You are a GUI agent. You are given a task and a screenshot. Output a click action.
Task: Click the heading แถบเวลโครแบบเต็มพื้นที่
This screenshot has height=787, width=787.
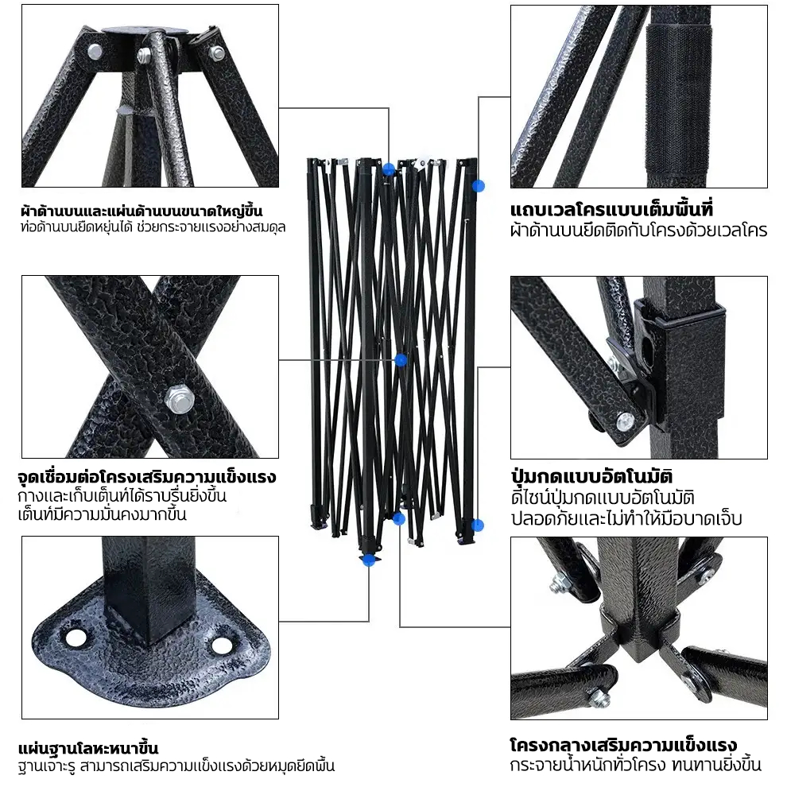point(612,209)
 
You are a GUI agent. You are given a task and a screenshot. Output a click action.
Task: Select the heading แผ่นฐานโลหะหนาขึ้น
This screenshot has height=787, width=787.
point(88,748)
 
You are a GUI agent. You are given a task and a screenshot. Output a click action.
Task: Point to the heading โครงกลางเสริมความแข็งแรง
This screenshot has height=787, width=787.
point(623,745)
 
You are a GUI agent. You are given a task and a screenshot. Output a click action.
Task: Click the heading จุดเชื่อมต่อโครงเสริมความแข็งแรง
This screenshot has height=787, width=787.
point(146,476)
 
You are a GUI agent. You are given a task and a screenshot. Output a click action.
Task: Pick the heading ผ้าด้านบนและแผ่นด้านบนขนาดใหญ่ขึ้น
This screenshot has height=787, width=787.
point(142,211)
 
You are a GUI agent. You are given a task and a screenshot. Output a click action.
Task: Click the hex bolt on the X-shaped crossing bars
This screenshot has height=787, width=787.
point(179,399)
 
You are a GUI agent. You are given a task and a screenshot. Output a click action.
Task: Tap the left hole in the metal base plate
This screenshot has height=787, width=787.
point(76,638)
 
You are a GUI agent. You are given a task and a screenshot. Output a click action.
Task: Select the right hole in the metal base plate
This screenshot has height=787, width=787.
point(221,645)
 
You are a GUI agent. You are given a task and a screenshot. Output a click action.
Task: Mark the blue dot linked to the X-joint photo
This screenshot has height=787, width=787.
point(401,360)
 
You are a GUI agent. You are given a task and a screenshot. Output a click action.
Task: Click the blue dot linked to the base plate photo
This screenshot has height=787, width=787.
point(369,560)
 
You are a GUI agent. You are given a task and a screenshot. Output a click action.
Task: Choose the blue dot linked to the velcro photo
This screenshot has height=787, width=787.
point(479,186)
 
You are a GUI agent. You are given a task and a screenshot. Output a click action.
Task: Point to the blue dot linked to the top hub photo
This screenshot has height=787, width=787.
point(388,169)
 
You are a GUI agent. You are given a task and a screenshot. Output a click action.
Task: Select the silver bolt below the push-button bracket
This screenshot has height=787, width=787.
point(625,421)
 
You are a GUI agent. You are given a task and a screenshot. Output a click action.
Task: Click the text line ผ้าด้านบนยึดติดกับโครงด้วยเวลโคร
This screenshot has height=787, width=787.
point(638,231)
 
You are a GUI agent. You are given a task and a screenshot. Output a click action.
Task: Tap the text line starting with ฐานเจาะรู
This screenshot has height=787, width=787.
point(176,766)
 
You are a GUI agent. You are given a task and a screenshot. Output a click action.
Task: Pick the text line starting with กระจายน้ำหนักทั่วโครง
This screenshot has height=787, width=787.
point(636,765)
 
